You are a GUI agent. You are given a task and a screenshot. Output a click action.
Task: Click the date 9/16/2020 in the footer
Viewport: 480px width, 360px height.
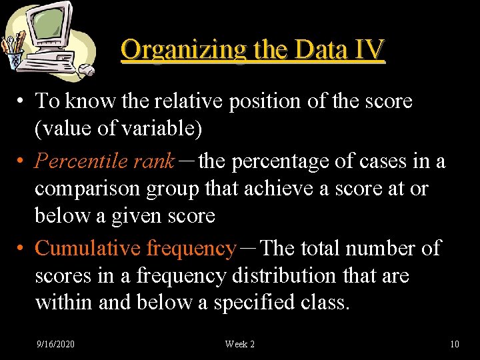tap(55, 344)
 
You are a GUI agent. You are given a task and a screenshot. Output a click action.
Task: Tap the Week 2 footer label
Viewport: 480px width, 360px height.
tap(239, 344)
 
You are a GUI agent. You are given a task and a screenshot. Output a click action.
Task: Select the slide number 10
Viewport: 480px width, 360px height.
tap(455, 344)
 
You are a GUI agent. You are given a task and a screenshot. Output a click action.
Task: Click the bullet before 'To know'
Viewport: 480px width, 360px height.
tap(22, 101)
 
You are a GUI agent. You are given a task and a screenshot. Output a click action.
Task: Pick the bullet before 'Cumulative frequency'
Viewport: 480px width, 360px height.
tap(22, 249)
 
